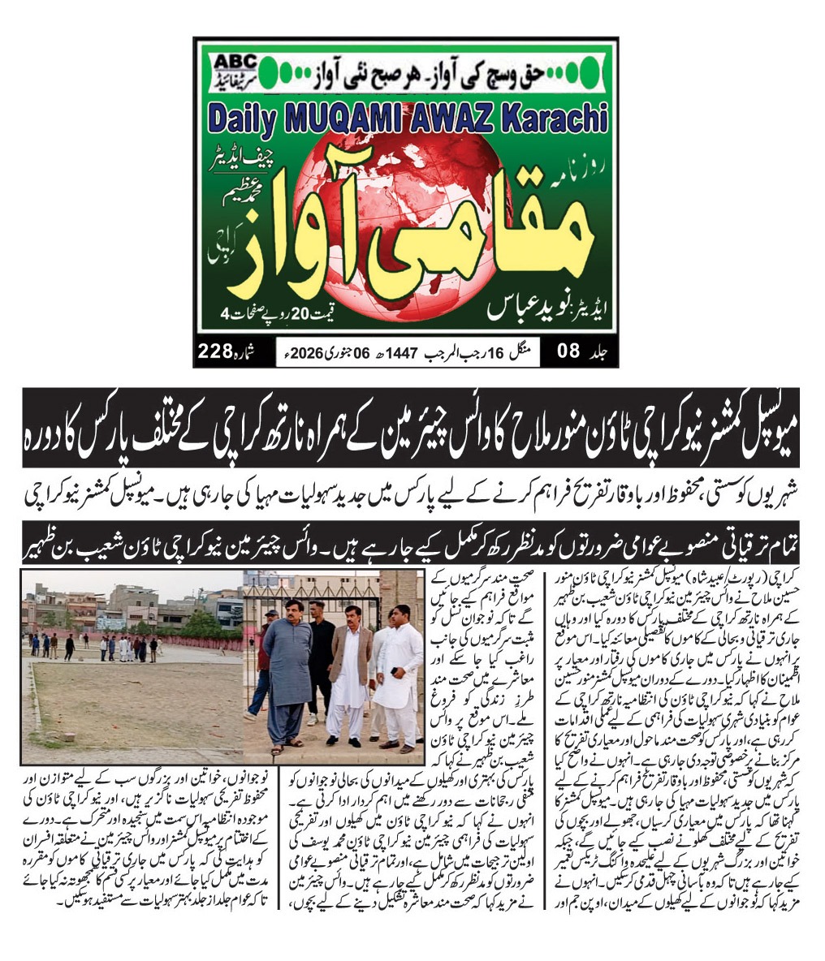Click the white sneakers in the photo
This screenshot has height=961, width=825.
coord(313,720)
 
